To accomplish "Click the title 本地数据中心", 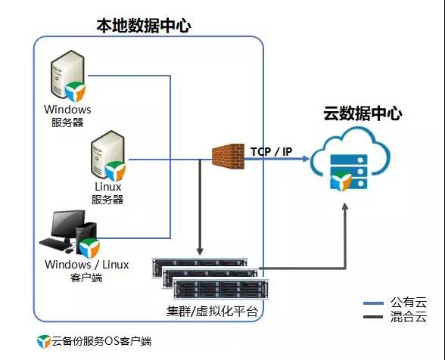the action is [144, 26].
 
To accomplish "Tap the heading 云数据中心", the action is [363, 113].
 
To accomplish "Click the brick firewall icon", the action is [229, 156].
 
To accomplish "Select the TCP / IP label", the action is [271, 152].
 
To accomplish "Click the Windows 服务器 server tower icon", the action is [67, 74].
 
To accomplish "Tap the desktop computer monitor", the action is [67, 225].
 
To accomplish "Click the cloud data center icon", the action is [350, 160].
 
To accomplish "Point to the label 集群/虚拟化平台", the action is [212, 311].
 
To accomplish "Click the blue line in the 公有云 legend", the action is [373, 303].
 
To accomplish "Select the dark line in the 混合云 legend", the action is [373, 317].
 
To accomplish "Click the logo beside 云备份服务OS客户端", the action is [44, 341].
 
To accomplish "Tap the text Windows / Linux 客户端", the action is [86, 271].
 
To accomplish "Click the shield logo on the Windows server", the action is [75, 92].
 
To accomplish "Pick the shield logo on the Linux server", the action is [115, 171].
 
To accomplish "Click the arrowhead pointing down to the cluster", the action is [200, 251].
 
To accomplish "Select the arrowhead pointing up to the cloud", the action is [345, 206].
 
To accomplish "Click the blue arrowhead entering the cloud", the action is [306, 159].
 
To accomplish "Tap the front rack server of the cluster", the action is [221, 289].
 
